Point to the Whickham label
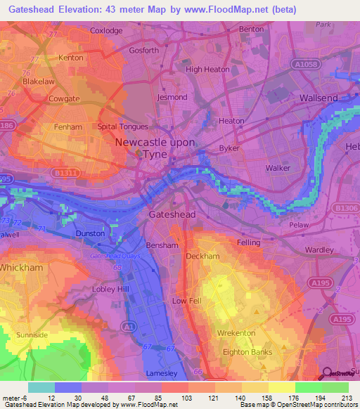tap(23, 268)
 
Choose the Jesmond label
tap(173, 97)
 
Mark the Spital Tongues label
tap(122, 127)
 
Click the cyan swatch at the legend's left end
tap(41, 387)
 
